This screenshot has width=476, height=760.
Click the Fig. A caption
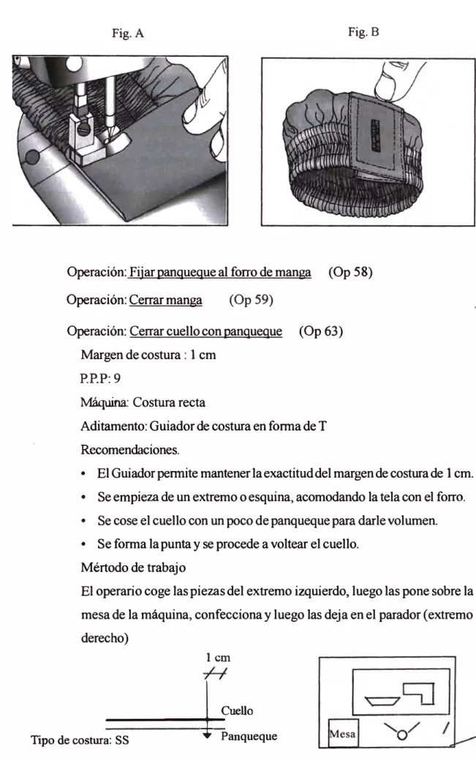[127, 33]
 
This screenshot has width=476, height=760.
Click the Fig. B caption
[363, 32]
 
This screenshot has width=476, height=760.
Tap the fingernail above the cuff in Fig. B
[387, 85]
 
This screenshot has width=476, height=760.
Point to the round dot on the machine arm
[32, 157]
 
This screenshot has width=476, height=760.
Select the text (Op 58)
[350, 272]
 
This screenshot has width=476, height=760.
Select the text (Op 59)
[251, 300]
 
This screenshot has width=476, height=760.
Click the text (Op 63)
[321, 331]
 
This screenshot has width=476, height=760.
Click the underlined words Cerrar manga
[165, 300]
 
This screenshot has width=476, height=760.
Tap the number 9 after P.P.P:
[117, 378]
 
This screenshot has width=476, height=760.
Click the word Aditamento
[113, 426]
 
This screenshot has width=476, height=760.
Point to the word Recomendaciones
[130, 450]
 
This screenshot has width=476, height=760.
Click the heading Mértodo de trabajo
[133, 568]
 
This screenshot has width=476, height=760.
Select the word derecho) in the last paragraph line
[105, 638]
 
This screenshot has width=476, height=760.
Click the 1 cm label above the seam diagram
[218, 658]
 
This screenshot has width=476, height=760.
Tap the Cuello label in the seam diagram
[237, 710]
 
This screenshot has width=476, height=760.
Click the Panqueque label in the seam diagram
[249, 737]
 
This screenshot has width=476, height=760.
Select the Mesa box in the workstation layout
[343, 734]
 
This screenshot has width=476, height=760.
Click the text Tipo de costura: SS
[80, 740]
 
